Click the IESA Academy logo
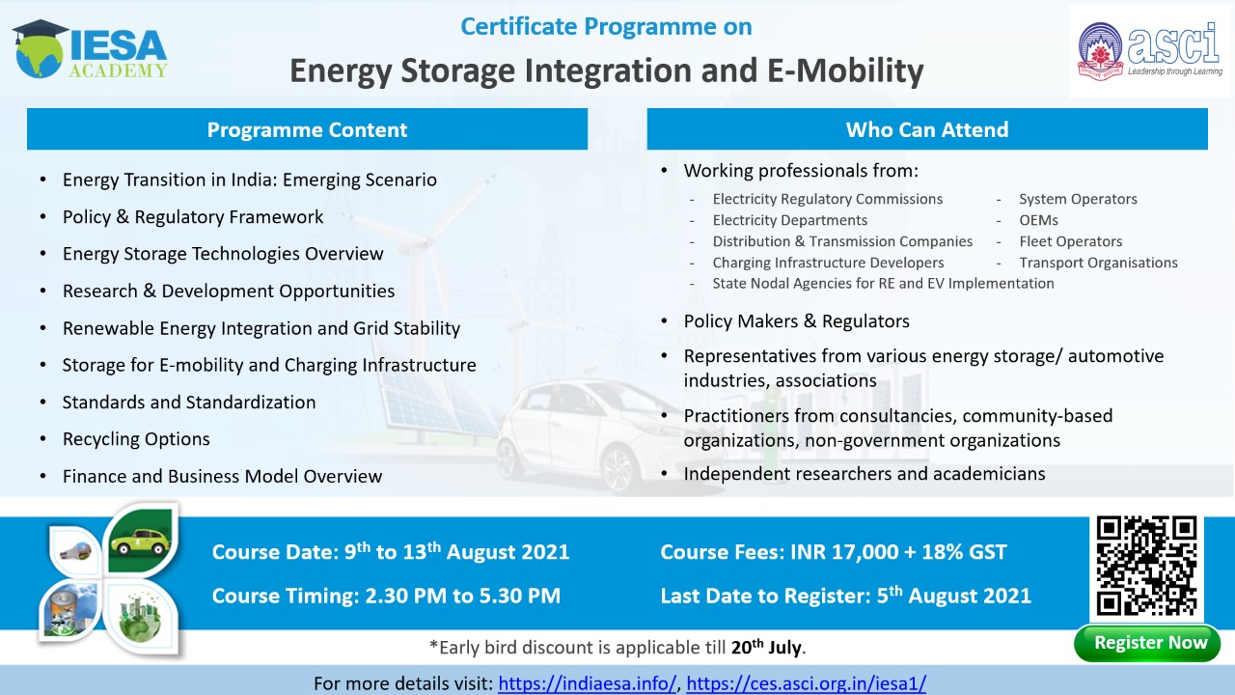coord(90,49)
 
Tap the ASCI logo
coord(1150,51)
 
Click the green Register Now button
coord(1148,643)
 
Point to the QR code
coord(1147,566)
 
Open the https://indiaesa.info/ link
coord(587,683)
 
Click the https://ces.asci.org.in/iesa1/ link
coord(806,683)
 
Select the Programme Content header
coord(307,129)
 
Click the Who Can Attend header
coord(927,129)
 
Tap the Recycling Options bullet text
coord(136,439)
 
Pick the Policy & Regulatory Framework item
coord(193,217)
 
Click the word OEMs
coord(1039,220)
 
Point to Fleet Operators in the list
coord(1071,241)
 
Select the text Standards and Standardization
coord(189,403)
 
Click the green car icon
coord(141,542)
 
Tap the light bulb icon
coord(75,551)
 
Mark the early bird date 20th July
coord(766,647)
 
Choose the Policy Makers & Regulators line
coord(797,321)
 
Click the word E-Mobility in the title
coord(845,70)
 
